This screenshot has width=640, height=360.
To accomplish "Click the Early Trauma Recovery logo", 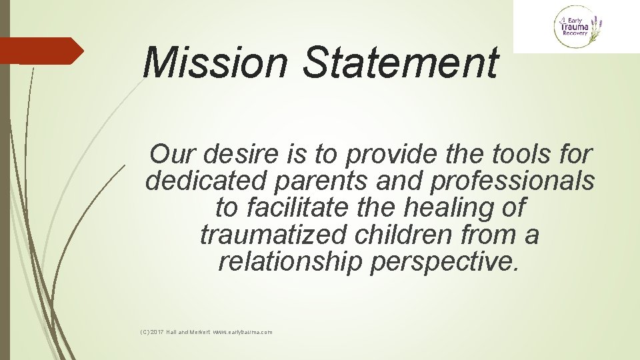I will point(578,27).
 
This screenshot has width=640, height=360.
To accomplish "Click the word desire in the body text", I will point(228,154).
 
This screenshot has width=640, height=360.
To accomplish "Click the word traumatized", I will point(273,235).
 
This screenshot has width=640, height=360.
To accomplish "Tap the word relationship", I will point(290,262).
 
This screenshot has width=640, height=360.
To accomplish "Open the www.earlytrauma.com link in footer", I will point(243,332).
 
